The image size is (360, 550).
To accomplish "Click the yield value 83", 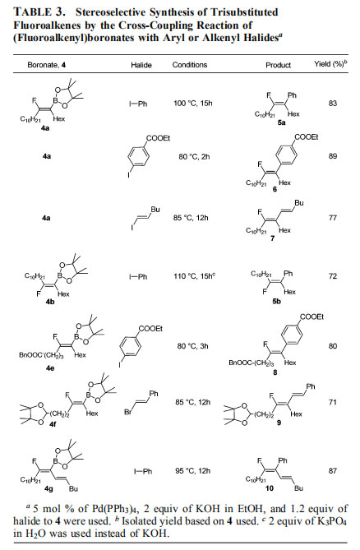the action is (x=332, y=103).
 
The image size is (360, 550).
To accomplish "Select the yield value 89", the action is (x=332, y=156).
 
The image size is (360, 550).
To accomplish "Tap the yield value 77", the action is (x=332, y=218).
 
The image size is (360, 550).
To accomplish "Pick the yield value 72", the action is (x=332, y=276).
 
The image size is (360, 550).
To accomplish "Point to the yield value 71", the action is (x=332, y=402).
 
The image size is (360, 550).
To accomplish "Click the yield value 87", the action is (x=332, y=471).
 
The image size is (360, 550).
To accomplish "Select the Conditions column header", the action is (x=190, y=65).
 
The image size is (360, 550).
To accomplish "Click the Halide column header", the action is (x=141, y=65).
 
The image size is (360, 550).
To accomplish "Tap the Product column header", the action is (x=279, y=65).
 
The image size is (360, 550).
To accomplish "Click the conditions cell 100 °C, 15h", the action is (x=193, y=103).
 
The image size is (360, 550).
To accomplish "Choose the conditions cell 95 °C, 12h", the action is (x=193, y=471).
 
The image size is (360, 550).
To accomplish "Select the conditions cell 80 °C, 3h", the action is (x=193, y=346).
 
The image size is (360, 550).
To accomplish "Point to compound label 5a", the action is (x=281, y=122).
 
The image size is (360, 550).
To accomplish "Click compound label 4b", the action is (x=50, y=301).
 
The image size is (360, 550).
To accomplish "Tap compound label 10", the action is (x=270, y=488).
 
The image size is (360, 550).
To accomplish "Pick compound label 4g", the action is (x=48, y=488).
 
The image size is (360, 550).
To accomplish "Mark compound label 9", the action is (x=279, y=423).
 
